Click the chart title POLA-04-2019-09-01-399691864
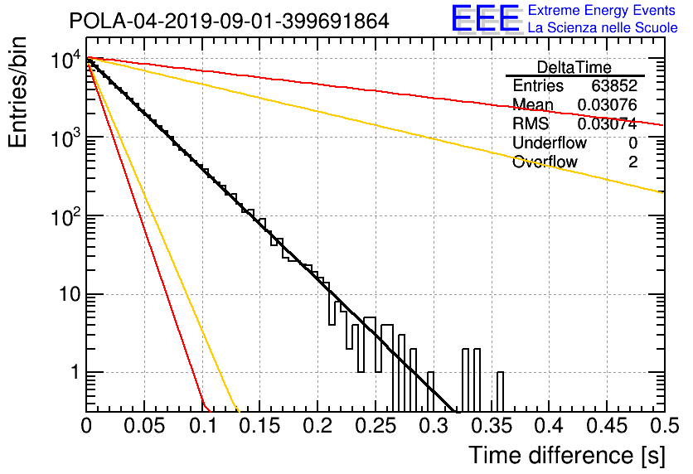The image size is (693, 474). pyautogui.click(x=229, y=21)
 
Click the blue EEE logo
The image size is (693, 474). pyautogui.click(x=485, y=18)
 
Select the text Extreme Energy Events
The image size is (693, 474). pyautogui.click(x=602, y=10)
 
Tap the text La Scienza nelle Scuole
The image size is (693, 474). pyautogui.click(x=603, y=28)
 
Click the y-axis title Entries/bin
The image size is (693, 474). pyautogui.click(x=17, y=92)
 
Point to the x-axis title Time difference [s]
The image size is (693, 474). pyautogui.click(x=567, y=456)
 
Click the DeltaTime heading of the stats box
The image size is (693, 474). pyautogui.click(x=574, y=68)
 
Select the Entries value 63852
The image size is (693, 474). pyautogui.click(x=614, y=85)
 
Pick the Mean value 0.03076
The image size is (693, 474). pyautogui.click(x=608, y=105)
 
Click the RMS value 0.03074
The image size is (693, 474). pyautogui.click(x=608, y=124)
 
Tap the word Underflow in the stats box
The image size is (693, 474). pyautogui.click(x=550, y=143)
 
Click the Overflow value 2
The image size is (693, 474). pyautogui.click(x=632, y=162)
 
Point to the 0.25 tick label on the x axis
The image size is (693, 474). pyautogui.click(x=376, y=426)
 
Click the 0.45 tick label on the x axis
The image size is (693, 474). pyautogui.click(x=608, y=426)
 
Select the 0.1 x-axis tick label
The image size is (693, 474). pyautogui.click(x=203, y=426)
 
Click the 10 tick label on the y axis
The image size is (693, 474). pyautogui.click(x=70, y=294)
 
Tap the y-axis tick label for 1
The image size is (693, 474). pyautogui.click(x=75, y=372)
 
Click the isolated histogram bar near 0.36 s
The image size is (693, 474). pyautogui.click(x=500, y=392)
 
